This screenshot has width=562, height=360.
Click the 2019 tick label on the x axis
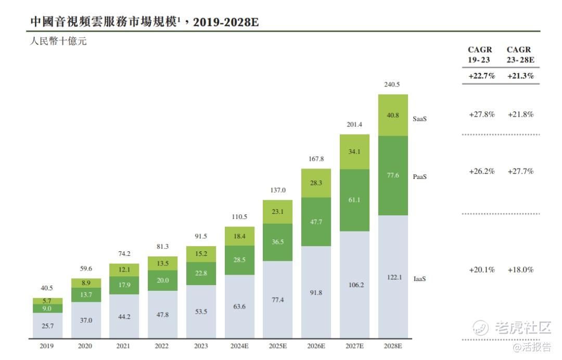47,346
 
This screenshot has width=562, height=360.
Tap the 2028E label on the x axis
393,346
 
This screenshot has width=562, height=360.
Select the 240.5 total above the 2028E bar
393,84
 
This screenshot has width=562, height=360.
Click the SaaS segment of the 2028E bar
393,115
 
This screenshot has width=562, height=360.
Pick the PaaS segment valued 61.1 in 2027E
354,200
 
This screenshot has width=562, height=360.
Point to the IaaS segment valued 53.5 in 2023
201,312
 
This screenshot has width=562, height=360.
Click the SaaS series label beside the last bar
420,119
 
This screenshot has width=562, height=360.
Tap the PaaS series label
420,177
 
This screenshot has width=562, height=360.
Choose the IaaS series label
420,279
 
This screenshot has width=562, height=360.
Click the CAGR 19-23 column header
479,55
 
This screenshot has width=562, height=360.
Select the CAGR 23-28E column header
519,55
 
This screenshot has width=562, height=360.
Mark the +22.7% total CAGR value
481,76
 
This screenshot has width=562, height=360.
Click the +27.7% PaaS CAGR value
520,171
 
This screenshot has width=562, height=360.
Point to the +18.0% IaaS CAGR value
520,269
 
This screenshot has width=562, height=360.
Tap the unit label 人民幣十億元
58,41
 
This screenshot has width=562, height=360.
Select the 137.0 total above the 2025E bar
277,190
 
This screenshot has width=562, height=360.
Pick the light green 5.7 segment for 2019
47,301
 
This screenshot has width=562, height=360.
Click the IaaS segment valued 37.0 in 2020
86,320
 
